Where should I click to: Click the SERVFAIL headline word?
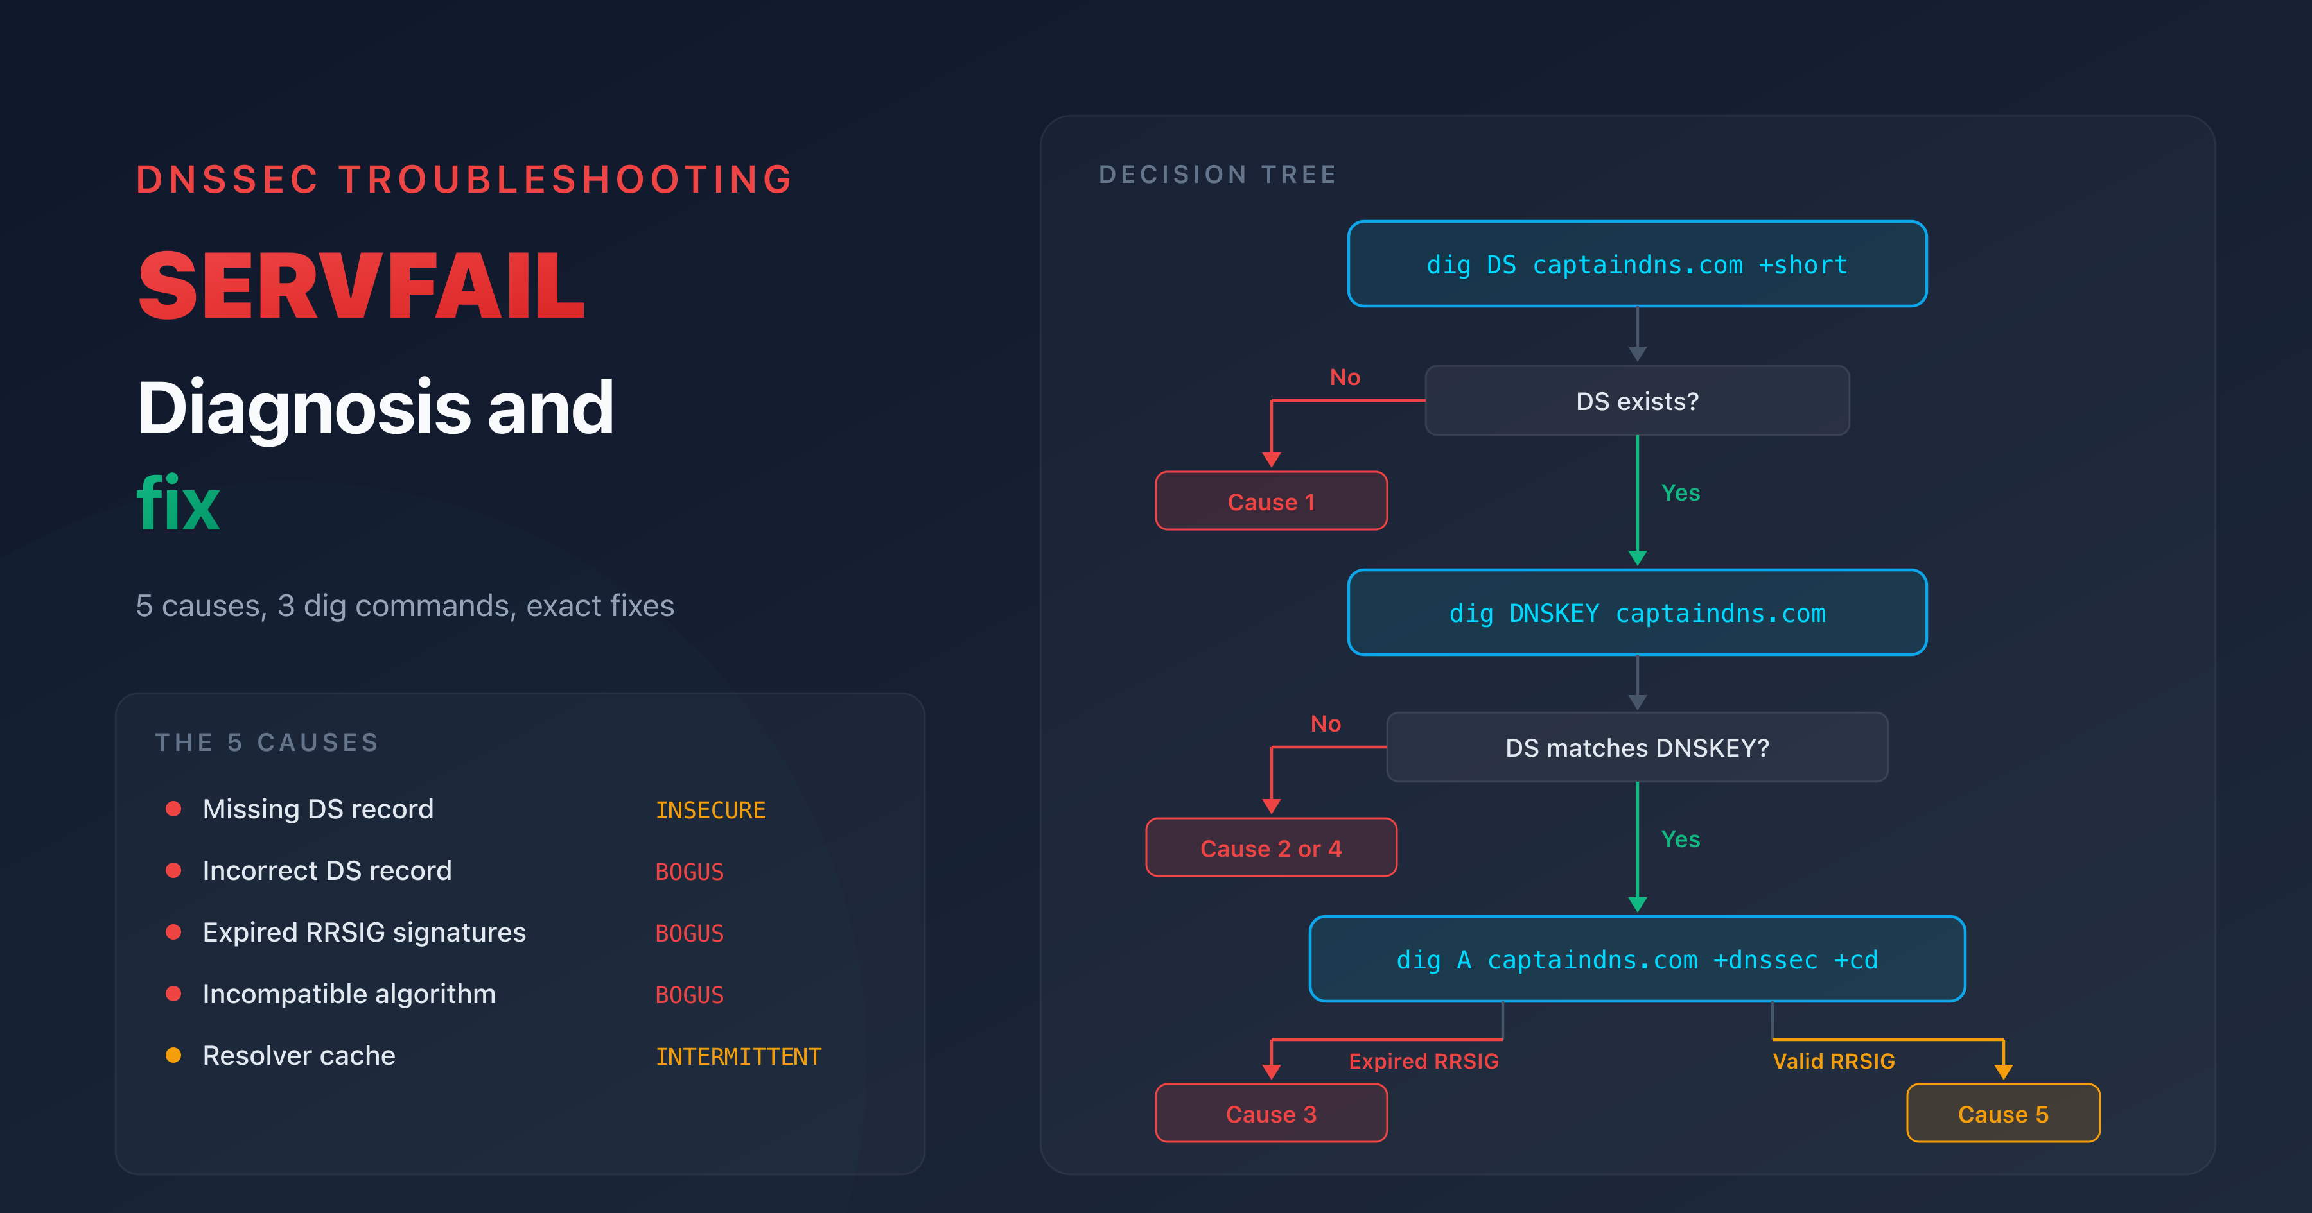[361, 286]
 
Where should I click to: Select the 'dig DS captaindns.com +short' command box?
[1636, 264]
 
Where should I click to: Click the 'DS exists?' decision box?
[1636, 401]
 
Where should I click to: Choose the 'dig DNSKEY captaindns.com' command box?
[1636, 613]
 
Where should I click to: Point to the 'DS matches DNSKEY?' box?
[1636, 747]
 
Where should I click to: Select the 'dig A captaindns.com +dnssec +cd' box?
[1636, 959]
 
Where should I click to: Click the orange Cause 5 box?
[2002, 1114]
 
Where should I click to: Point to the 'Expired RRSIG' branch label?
[1423, 1060]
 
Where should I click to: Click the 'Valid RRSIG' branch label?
[1834, 1060]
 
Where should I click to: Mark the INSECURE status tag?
[710, 810]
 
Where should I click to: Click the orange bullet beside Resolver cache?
[173, 1055]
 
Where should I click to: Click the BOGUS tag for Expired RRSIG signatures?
[689, 933]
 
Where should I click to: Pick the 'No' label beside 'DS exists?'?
[1344, 377]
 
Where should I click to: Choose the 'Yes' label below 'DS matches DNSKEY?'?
[1680, 839]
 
